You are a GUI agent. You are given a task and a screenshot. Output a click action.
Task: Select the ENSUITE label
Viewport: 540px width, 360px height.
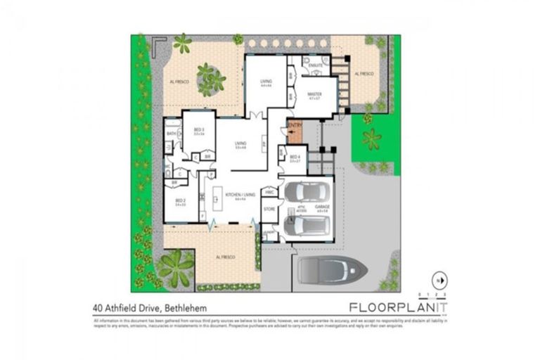pyautogui.click(x=316, y=65)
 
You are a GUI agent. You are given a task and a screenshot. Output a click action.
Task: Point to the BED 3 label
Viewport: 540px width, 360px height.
pyautogui.click(x=199, y=129)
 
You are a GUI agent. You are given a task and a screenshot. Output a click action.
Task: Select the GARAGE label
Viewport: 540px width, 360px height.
pyautogui.click(x=323, y=207)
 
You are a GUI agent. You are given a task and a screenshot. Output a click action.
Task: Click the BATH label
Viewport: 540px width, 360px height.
pyautogui.click(x=171, y=134)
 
